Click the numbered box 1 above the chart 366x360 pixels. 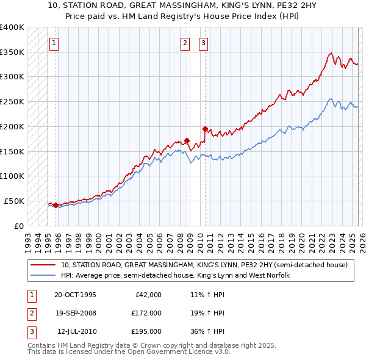coord(55,43)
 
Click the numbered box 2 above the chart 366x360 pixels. coord(185,43)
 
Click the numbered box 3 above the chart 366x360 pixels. coord(203,43)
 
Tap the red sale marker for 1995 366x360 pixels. coord(56,205)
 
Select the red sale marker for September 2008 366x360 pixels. coord(187,140)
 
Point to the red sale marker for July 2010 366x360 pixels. coord(205,129)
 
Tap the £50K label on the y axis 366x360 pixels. coord(13,201)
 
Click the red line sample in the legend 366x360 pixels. coord(43,265)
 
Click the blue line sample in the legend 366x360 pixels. coord(43,276)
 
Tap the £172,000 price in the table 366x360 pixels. coord(146,312)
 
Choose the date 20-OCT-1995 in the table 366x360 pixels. coord(75,295)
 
